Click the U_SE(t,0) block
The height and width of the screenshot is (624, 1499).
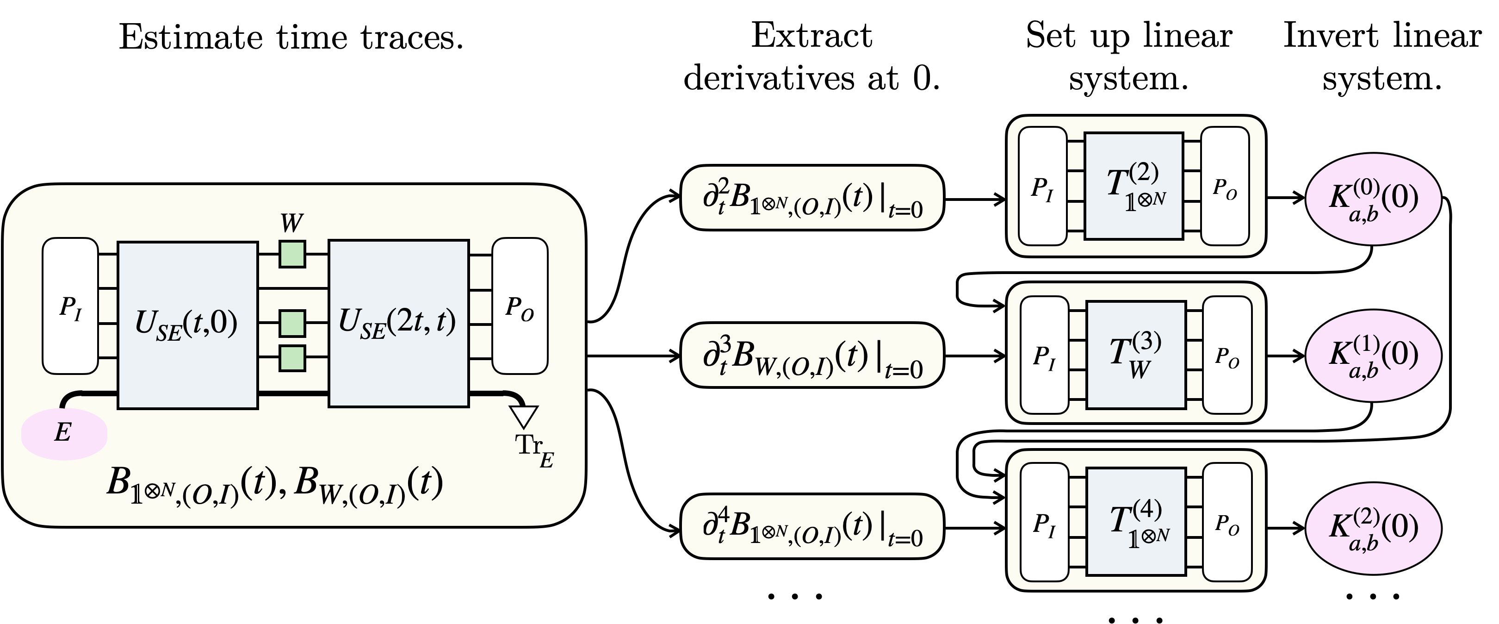pyautogui.click(x=187, y=324)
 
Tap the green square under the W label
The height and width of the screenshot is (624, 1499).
pyautogui.click(x=292, y=255)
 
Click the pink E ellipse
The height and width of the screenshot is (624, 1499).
pyautogui.click(x=64, y=434)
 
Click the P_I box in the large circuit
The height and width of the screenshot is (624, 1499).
pyautogui.click(x=70, y=306)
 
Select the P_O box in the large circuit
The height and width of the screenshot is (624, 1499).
pyautogui.click(x=520, y=306)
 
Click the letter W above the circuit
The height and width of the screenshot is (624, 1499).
pyautogui.click(x=291, y=223)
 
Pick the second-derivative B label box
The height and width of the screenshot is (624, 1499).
pyautogui.click(x=812, y=198)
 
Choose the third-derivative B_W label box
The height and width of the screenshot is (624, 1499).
pyautogui.click(x=812, y=355)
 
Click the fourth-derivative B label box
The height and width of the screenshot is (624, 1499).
pyautogui.click(x=812, y=526)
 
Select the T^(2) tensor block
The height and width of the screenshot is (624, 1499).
pyautogui.click(x=1134, y=186)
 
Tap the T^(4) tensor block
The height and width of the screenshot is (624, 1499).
pyautogui.click(x=1136, y=522)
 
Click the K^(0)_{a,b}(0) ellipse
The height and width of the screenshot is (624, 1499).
pyautogui.click(x=1373, y=199)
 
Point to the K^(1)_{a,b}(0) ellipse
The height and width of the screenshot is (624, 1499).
pyautogui.click(x=1373, y=355)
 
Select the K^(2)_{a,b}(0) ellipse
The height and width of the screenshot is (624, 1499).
pyautogui.click(x=1373, y=527)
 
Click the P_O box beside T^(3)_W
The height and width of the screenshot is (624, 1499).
pyautogui.click(x=1226, y=355)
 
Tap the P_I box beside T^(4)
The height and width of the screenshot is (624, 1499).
pyautogui.click(x=1045, y=522)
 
